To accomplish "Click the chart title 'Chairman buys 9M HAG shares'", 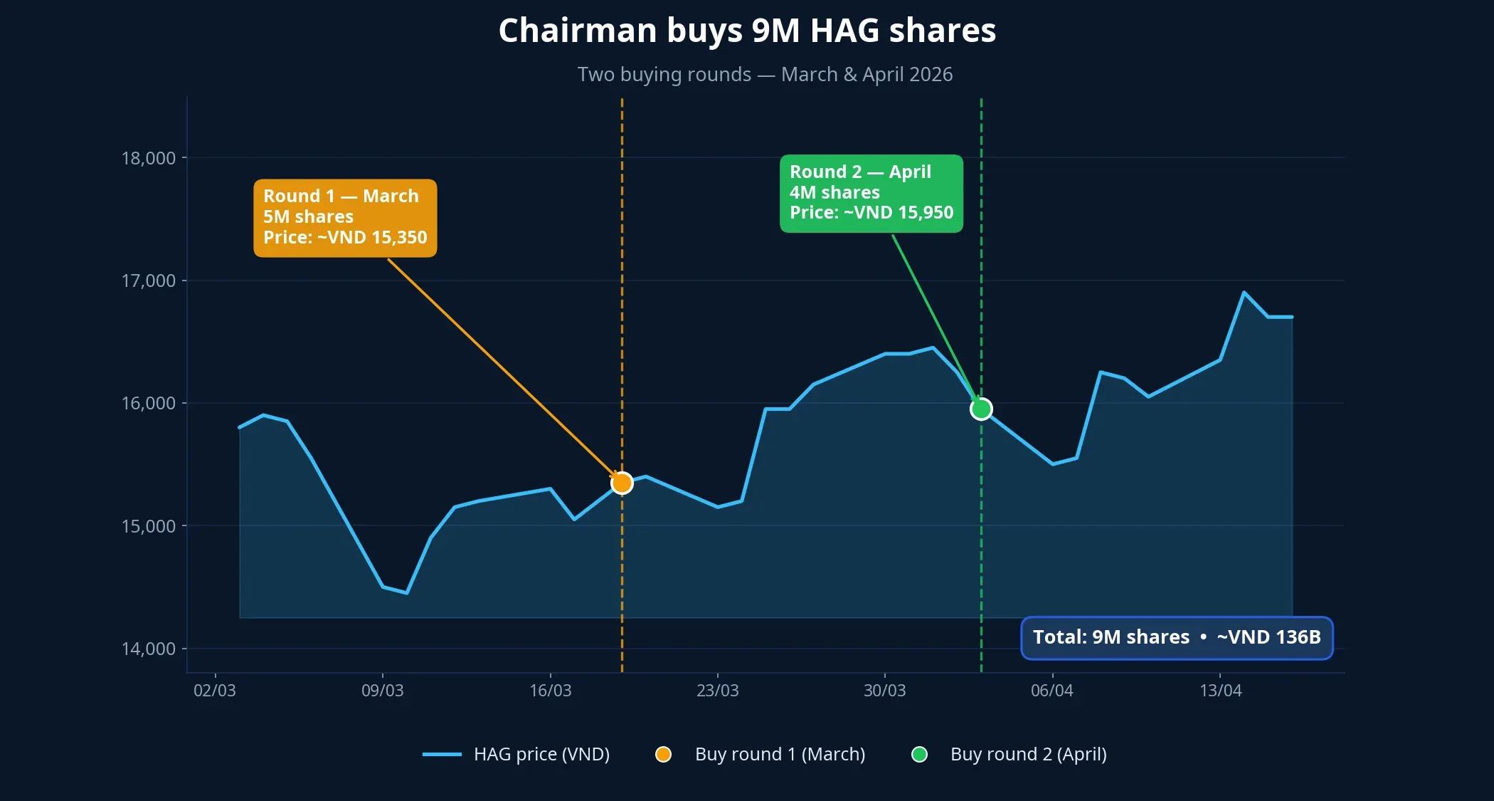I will [747, 31].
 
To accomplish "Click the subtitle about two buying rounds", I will [765, 74].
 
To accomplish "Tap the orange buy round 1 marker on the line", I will [622, 483].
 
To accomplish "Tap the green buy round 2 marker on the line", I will [981, 409].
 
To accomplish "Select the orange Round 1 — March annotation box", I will [345, 217].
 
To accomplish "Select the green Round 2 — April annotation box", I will [871, 193].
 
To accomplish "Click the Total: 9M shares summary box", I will [1176, 637].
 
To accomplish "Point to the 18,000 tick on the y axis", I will [149, 158].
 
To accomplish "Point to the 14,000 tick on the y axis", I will [149, 649].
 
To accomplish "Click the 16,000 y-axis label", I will [149, 403].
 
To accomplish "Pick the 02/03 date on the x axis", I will [215, 690].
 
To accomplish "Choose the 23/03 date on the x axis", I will [717, 690].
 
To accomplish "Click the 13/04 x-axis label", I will [1220, 690].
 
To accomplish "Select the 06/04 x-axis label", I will [1051, 690].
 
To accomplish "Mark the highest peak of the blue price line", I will [1244, 293].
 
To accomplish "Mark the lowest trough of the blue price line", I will [406, 592].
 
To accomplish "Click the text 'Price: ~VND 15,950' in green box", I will [871, 213].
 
